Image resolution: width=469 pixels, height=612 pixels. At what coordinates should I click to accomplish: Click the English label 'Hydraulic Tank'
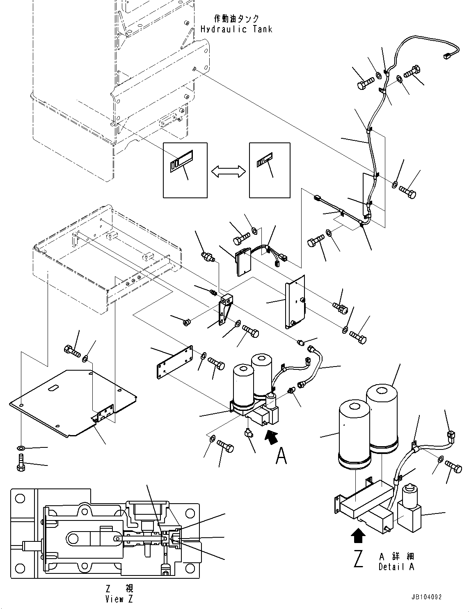tap(236, 29)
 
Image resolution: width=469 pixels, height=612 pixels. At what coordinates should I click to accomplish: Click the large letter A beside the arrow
tap(281, 455)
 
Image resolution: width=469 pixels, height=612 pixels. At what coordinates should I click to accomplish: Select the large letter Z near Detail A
tap(359, 559)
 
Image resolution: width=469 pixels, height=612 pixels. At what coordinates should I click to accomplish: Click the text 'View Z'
tap(119, 599)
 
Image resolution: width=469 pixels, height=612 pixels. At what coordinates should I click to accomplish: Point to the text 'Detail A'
tap(396, 567)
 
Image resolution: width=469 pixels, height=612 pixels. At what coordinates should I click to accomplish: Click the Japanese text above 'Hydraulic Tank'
tap(237, 18)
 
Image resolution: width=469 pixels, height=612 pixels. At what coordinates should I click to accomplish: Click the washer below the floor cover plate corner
tap(21, 448)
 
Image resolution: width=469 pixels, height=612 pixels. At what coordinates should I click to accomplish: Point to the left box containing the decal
tap(185, 170)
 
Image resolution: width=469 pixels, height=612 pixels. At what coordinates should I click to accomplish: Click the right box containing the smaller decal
tap(270, 170)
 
